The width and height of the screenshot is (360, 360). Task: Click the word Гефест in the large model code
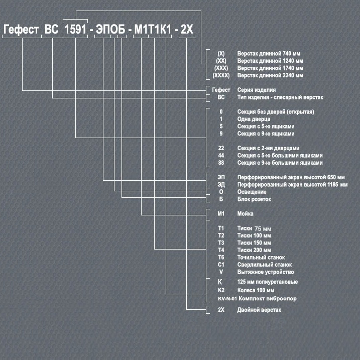tap(21, 30)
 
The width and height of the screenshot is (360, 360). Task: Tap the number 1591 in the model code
tap(75, 30)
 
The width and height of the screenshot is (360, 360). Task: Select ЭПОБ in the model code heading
tap(110, 30)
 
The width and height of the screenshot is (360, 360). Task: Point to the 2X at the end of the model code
tap(187, 30)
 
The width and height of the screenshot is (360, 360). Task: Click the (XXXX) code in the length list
tap(221, 75)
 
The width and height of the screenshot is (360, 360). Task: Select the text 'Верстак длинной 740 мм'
tap(269, 54)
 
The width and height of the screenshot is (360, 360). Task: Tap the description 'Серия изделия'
tap(257, 90)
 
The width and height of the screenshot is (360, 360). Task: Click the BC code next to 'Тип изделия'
tap(221, 97)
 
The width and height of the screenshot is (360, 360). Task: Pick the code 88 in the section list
tap(221, 163)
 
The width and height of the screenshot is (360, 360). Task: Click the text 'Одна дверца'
tap(254, 119)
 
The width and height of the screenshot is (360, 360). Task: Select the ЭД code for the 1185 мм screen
tap(221, 185)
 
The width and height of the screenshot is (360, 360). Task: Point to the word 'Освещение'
tap(252, 192)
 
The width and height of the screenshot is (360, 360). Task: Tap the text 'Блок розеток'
tap(254, 199)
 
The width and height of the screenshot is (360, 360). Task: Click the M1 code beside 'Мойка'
tap(221, 214)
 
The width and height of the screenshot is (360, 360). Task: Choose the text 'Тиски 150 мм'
tap(254, 243)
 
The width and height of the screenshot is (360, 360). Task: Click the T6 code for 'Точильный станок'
tap(221, 258)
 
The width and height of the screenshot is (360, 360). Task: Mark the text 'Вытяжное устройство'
tap(266, 272)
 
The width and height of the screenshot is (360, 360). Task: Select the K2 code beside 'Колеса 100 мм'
tap(221, 290)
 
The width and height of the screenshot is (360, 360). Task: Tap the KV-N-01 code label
tap(227, 299)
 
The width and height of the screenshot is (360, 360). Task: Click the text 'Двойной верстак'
tap(259, 310)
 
